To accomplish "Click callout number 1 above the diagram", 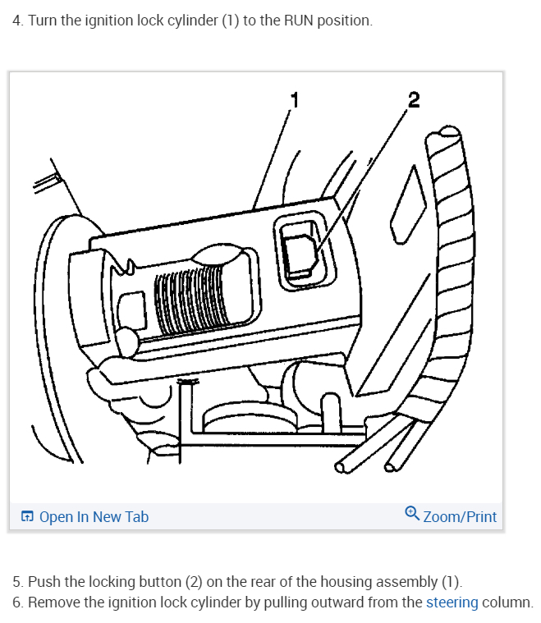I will point(296,100).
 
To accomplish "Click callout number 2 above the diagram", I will point(413,100).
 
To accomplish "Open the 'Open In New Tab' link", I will point(94,516).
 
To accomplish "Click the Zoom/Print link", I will point(460,516).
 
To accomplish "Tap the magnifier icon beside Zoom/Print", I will point(412,515).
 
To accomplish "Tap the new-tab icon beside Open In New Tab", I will point(27,516).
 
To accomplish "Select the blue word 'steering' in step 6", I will point(452,602).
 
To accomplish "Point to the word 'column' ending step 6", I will point(507,602).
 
